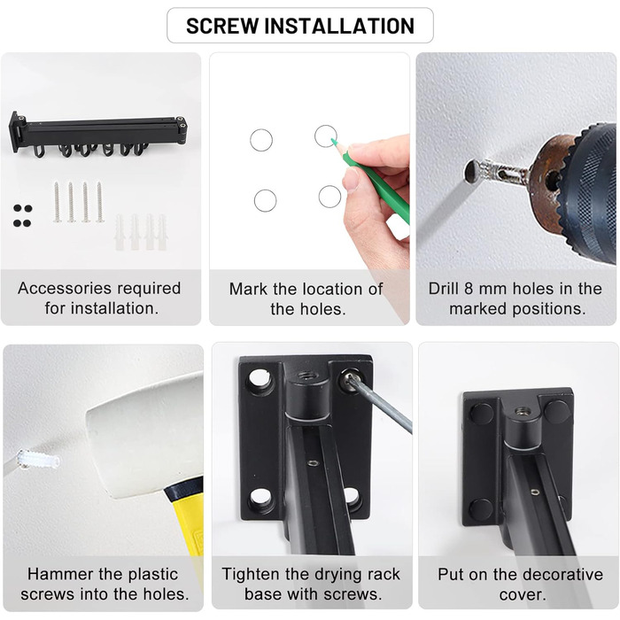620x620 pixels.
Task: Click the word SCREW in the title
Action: [x=221, y=26]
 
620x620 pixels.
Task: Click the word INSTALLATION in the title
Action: [x=339, y=26]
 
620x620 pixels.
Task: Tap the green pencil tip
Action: [x=333, y=140]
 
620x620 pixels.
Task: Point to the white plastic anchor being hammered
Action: [x=38, y=461]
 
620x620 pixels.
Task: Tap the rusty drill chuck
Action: [x=552, y=182]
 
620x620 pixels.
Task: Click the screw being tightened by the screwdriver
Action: [x=347, y=378]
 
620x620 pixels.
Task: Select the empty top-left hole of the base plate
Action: [x=259, y=380]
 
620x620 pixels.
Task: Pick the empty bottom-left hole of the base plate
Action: [x=260, y=500]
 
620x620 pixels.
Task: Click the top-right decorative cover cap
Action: [x=557, y=410]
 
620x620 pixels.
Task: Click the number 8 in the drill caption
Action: [x=469, y=289]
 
